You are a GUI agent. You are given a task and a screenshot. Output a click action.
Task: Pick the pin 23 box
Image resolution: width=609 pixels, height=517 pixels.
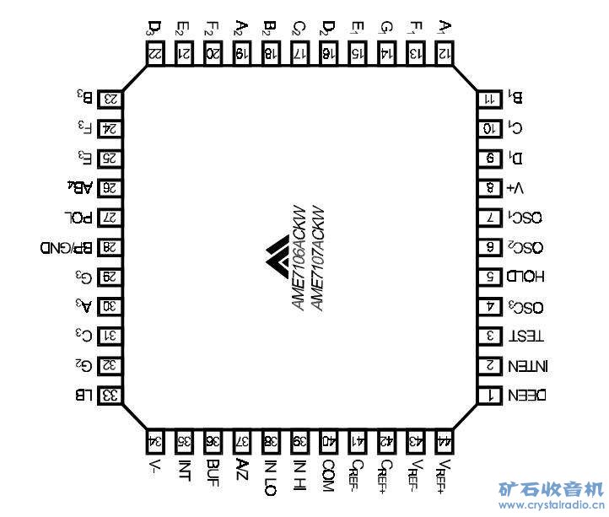[110, 99]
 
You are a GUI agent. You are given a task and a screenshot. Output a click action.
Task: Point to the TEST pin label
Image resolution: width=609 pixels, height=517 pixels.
[526, 336]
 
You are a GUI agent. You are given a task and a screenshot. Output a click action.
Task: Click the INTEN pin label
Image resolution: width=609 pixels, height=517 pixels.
[529, 366]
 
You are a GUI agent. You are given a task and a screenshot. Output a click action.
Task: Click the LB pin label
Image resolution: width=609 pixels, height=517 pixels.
[84, 395]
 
